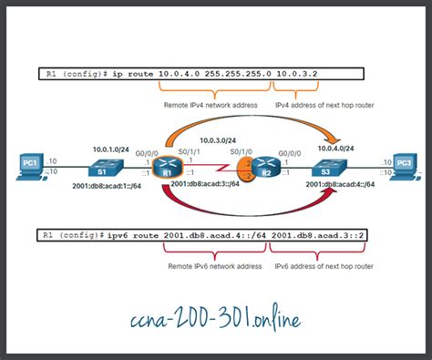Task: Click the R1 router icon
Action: pos(166,168)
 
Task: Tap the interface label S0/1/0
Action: pos(239,153)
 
